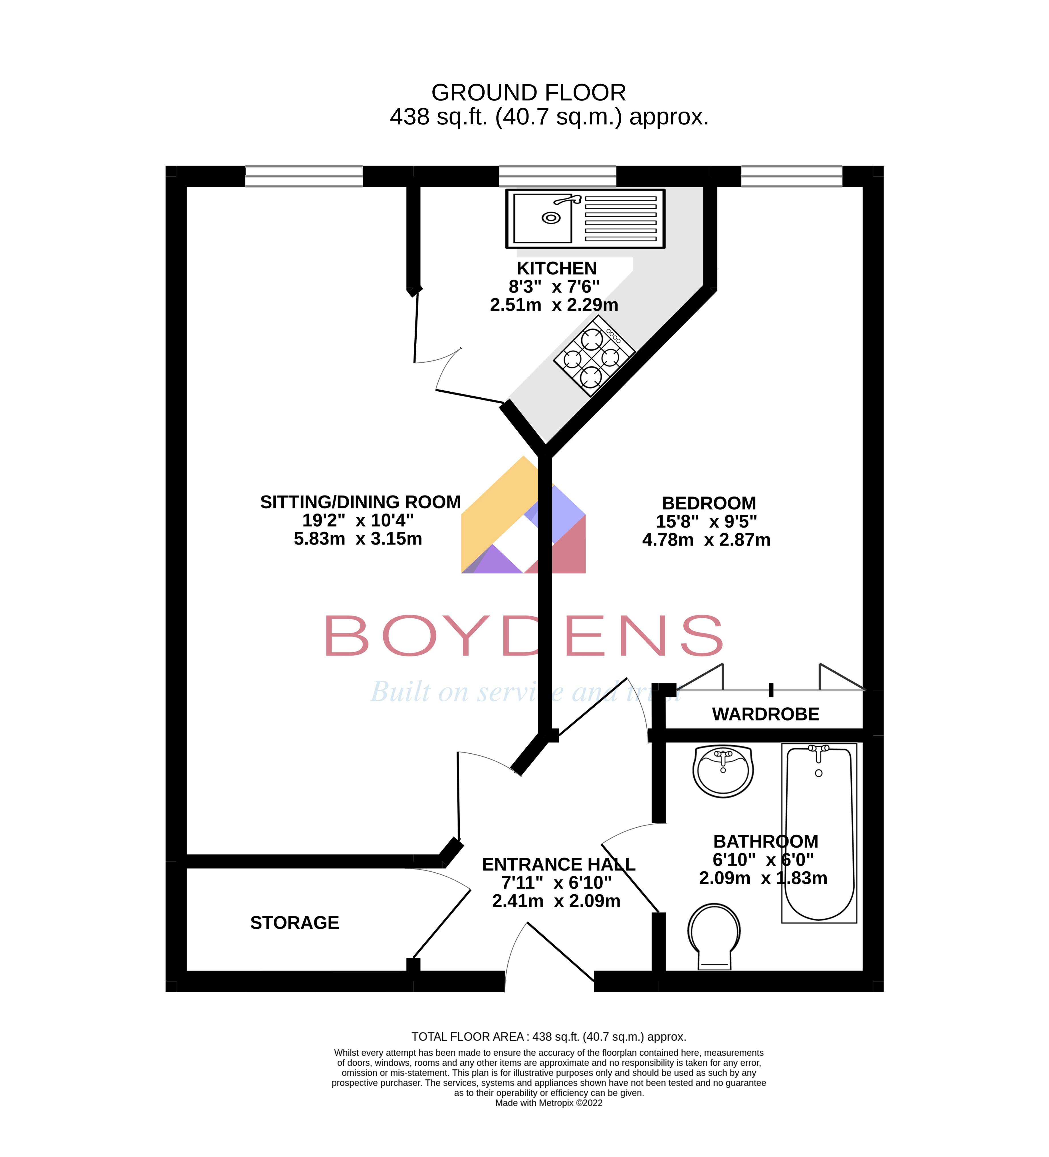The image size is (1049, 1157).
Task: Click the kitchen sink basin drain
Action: pyautogui.click(x=551, y=218)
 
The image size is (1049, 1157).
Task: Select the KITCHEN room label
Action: pyautogui.click(x=557, y=268)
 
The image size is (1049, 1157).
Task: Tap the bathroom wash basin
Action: pyautogui.click(x=723, y=771)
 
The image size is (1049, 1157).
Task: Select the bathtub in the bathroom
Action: pyautogui.click(x=819, y=833)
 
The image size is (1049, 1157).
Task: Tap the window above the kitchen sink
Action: pyautogui.click(x=557, y=176)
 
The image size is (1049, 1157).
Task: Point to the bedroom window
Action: pyautogui.click(x=791, y=176)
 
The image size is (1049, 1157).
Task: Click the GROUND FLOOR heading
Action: pyautogui.click(x=528, y=92)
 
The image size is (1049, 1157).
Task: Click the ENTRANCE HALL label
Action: pyautogui.click(x=558, y=864)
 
